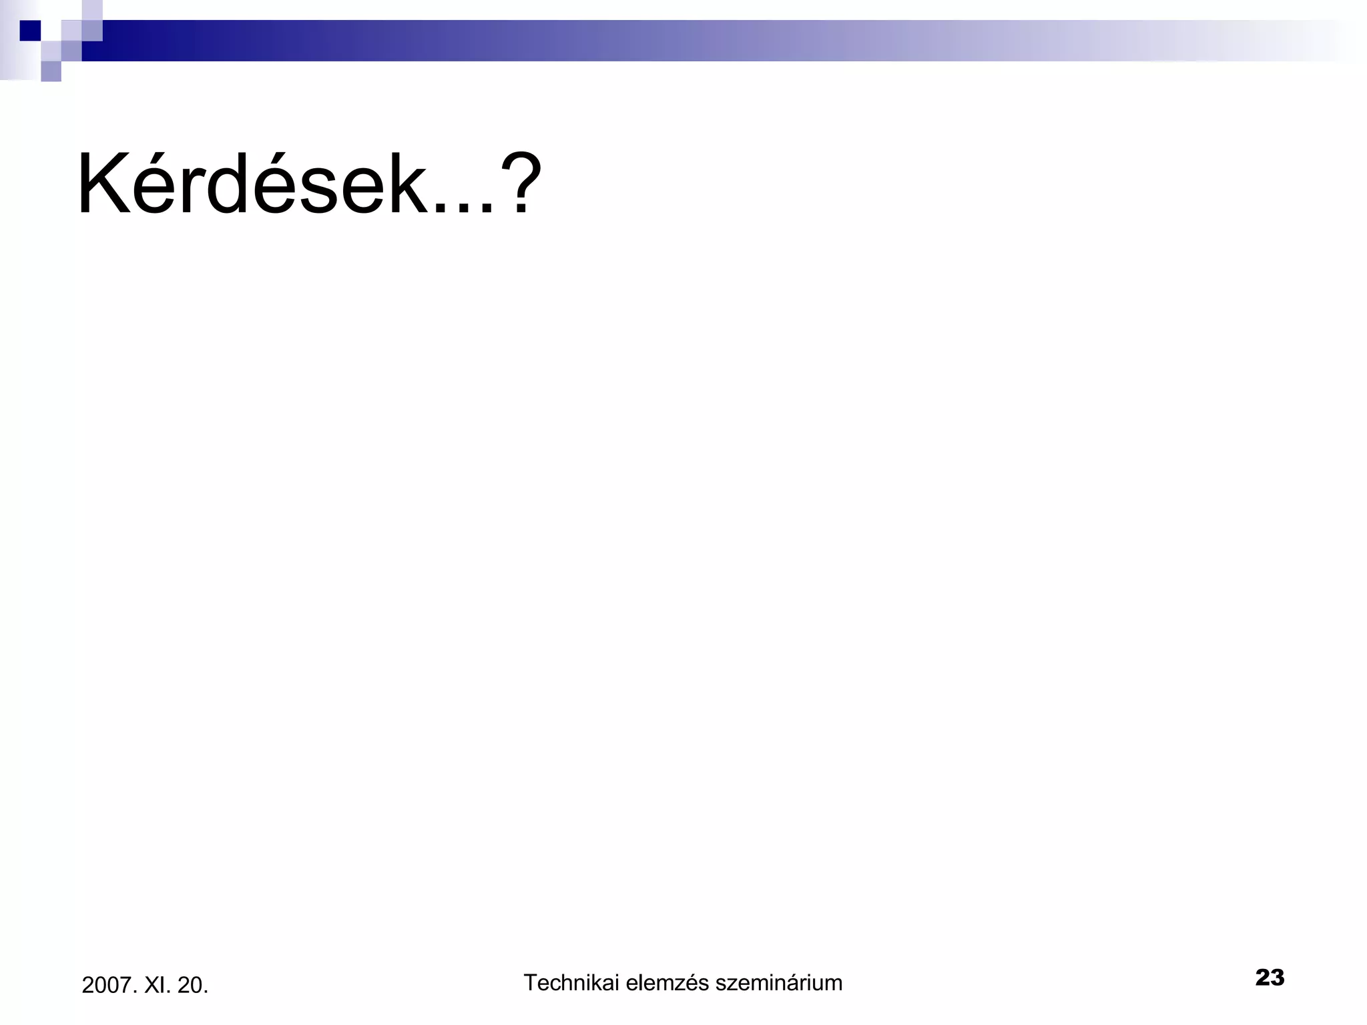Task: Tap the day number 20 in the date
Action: pos(192,985)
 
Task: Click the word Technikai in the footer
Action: pos(571,982)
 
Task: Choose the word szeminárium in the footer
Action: pos(778,982)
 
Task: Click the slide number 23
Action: pos(1270,978)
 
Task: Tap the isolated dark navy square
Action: pos(30,31)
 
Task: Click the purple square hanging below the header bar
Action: pos(51,71)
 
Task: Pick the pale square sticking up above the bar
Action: pos(92,10)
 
